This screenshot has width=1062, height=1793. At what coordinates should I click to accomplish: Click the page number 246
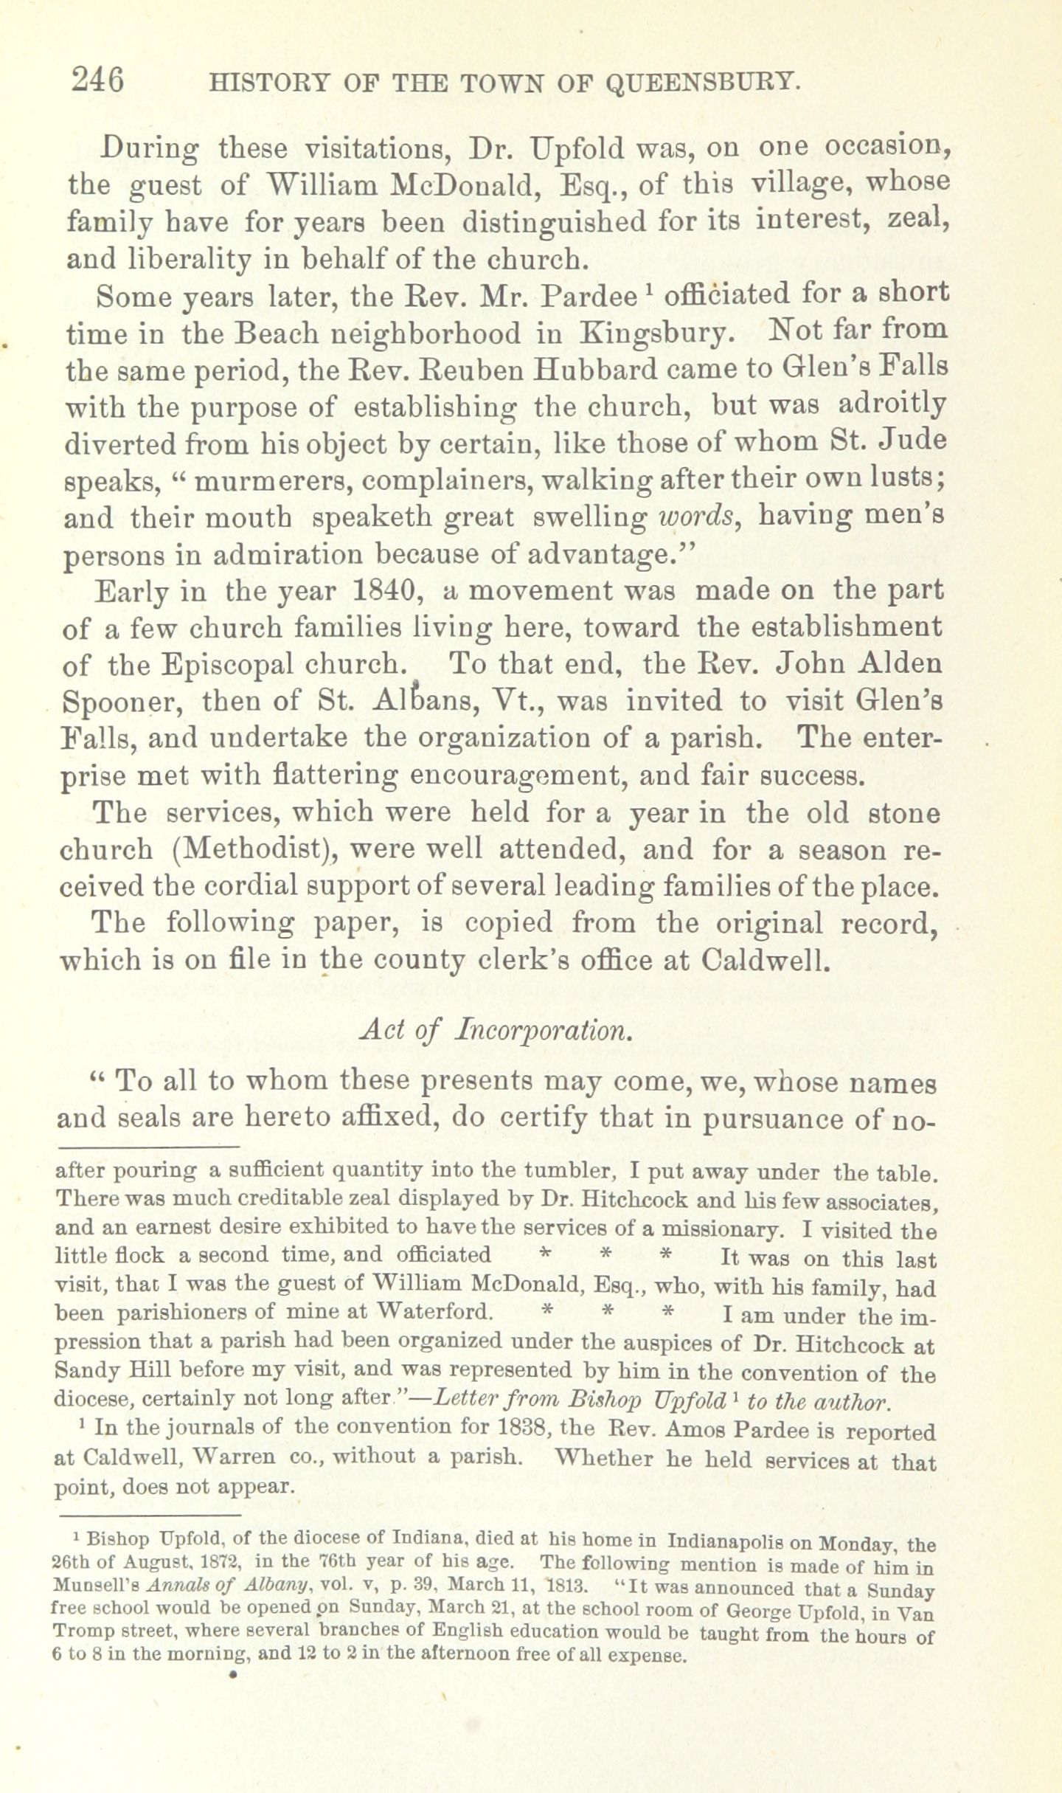click(x=97, y=80)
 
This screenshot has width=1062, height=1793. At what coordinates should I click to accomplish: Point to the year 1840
click(x=386, y=591)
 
